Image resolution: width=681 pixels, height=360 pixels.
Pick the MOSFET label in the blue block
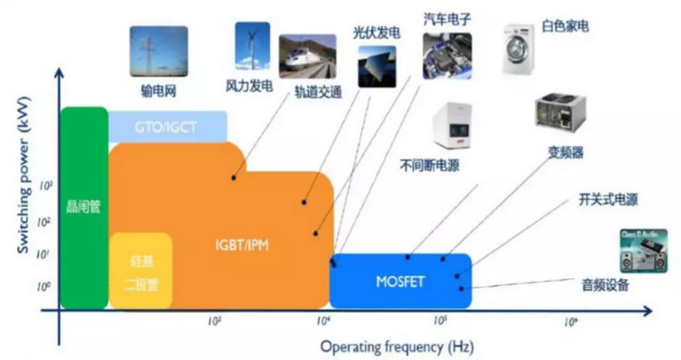(399, 281)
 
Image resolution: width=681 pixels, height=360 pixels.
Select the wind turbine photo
(252, 46)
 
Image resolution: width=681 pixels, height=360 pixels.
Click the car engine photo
(447, 55)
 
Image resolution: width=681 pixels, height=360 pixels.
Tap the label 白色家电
(566, 27)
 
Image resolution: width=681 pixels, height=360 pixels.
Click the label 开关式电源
(608, 200)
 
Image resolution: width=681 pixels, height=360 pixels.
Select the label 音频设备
(605, 286)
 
